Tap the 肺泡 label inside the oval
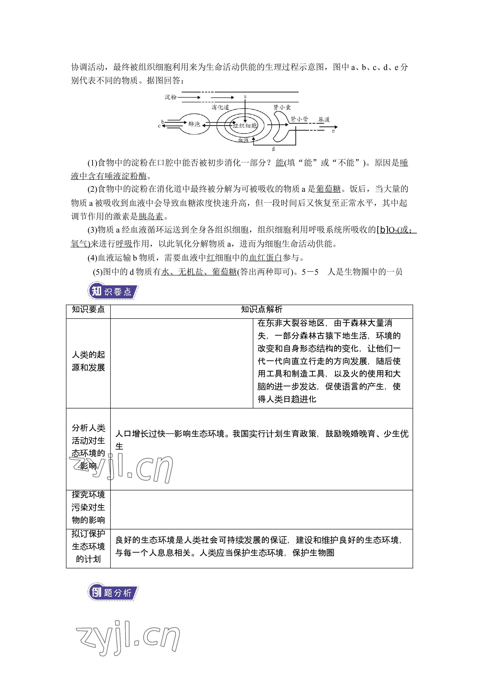pyautogui.click(x=194, y=124)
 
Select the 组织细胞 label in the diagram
pyautogui.click(x=245, y=126)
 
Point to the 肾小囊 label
pyautogui.click(x=282, y=107)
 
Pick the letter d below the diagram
pyautogui.click(x=273, y=149)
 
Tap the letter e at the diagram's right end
pyautogui.click(x=333, y=131)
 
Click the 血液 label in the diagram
pyautogui.click(x=243, y=140)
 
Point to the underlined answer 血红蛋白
pyautogui.click(x=266, y=258)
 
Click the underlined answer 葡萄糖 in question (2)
pyautogui.click(x=328, y=189)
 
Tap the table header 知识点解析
pyautogui.click(x=261, y=309)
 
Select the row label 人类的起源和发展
pyautogui.click(x=88, y=361)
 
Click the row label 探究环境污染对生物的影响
pyautogui.click(x=88, y=507)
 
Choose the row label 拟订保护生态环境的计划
pyautogui.click(x=88, y=546)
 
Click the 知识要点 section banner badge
pyautogui.click(x=113, y=292)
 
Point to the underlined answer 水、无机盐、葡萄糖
pyautogui.click(x=199, y=272)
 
